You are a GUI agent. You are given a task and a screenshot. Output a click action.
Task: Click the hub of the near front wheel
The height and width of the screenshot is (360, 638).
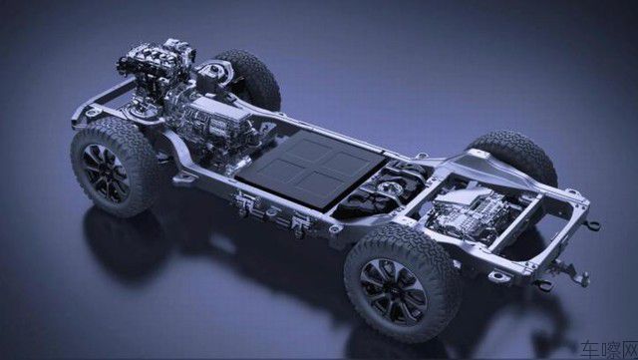coord(106,174)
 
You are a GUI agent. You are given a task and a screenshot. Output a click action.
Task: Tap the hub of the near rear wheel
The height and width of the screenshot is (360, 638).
coord(393,291)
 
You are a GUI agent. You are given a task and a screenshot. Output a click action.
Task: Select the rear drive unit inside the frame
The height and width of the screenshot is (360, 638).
coord(475,211)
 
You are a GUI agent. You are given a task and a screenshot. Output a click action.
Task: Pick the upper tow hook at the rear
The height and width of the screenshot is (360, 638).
coord(592,224)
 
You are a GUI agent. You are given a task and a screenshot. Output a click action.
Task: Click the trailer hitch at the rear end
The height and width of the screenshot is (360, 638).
coord(569,271)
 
